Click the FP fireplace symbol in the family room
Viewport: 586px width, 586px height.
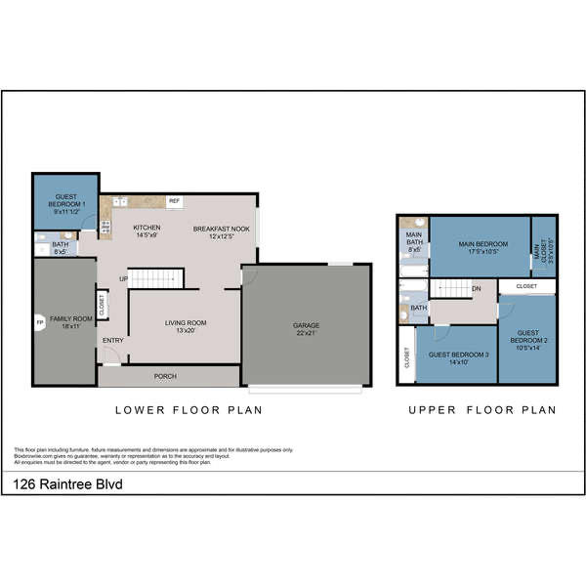click(40, 321)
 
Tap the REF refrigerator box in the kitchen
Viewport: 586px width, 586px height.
click(175, 201)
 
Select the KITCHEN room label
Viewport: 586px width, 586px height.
click(146, 230)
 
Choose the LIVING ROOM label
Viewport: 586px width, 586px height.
click(186, 326)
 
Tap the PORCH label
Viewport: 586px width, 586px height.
click(166, 376)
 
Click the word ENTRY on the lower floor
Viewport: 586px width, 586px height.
click(113, 341)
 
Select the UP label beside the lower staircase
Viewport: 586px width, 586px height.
click(123, 280)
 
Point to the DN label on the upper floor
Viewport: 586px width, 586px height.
click(477, 288)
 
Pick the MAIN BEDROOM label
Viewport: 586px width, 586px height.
click(480, 248)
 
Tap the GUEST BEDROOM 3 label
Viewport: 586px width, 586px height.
click(457, 357)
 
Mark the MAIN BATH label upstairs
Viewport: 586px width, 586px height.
click(414, 241)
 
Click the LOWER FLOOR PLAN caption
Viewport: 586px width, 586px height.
click(188, 410)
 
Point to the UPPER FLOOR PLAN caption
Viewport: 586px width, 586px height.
click(481, 410)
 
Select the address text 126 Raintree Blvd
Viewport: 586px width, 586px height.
click(67, 483)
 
